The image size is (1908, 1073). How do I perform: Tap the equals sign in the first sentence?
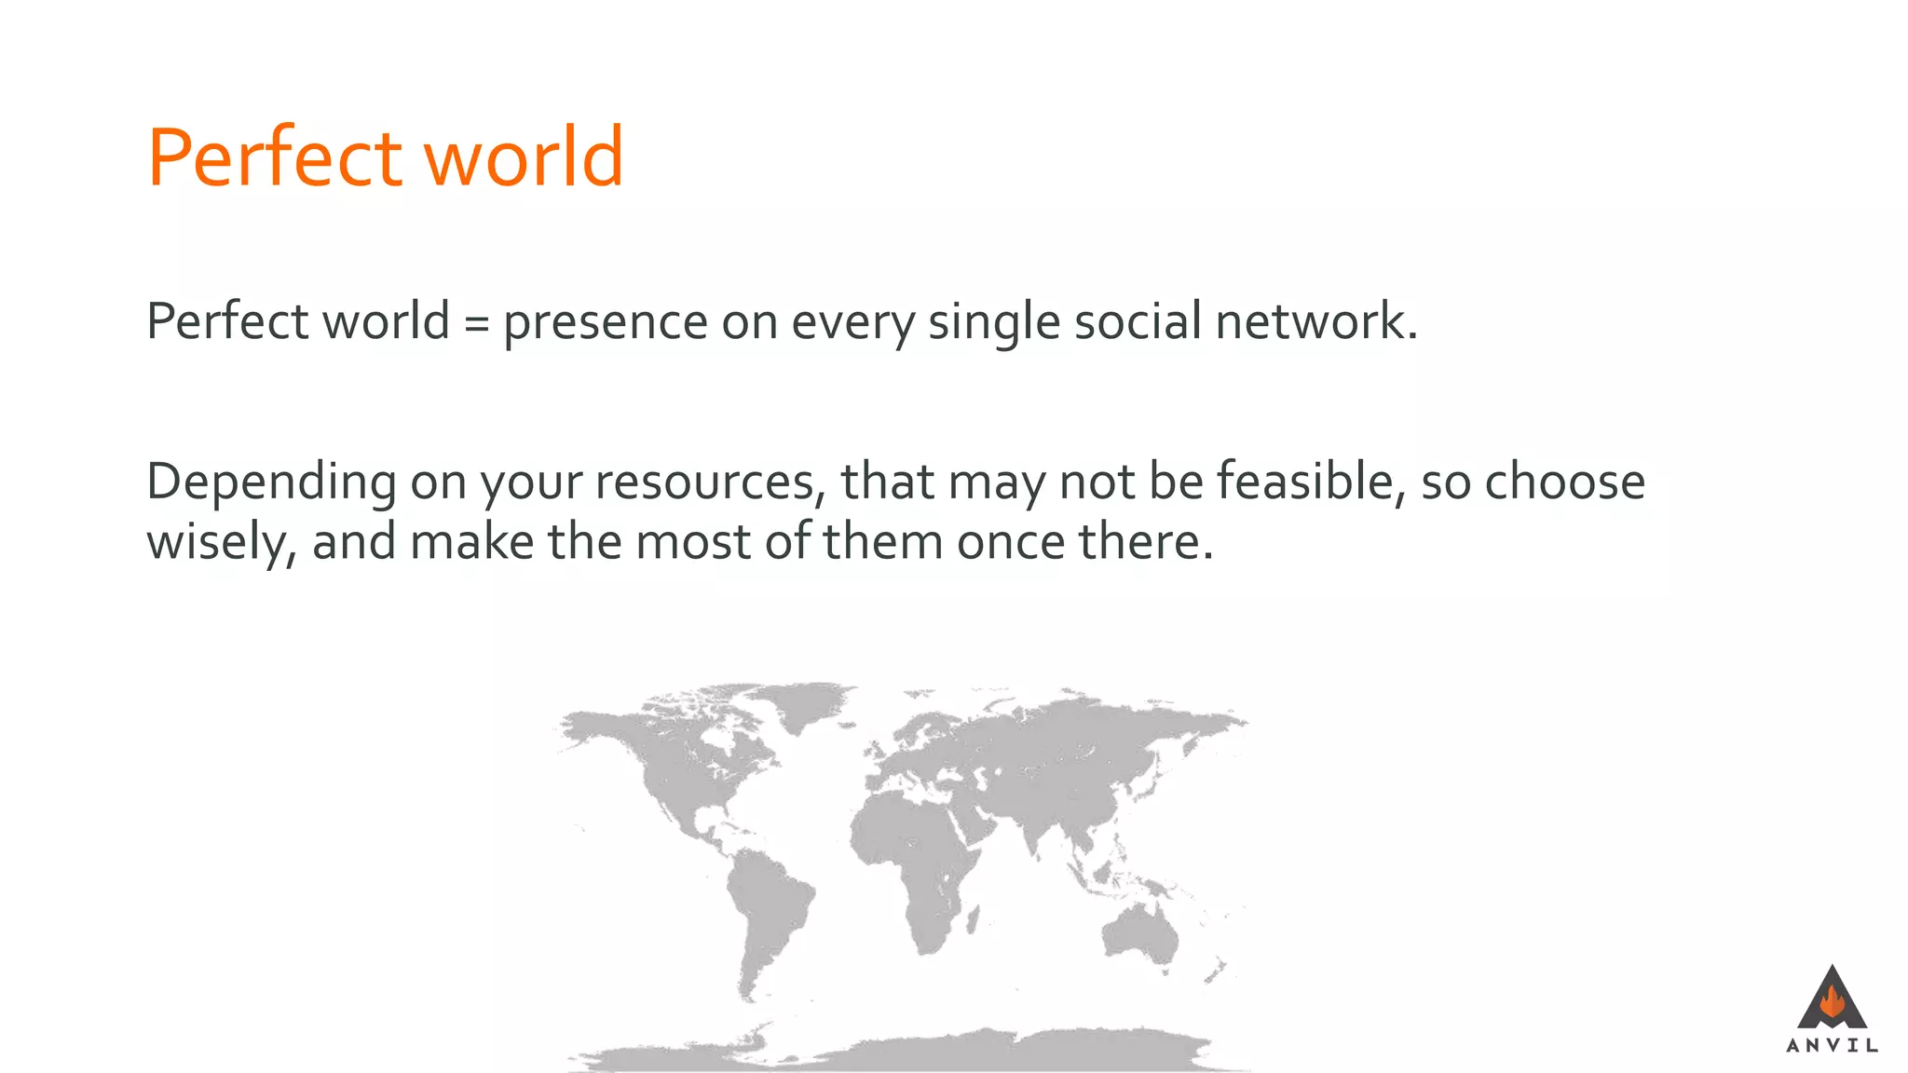[476, 323]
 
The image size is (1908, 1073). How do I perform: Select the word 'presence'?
[606, 323]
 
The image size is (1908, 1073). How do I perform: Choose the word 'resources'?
[709, 483]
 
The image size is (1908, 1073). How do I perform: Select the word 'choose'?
[1564, 482]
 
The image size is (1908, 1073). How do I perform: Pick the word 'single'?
[994, 323]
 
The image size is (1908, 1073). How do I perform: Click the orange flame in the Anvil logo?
[1832, 1002]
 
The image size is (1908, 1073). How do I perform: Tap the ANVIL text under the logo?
[1832, 1045]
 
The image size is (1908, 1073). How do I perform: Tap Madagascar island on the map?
[974, 922]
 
